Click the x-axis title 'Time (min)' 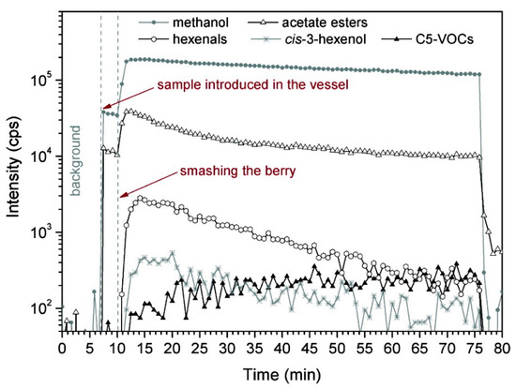281,374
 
